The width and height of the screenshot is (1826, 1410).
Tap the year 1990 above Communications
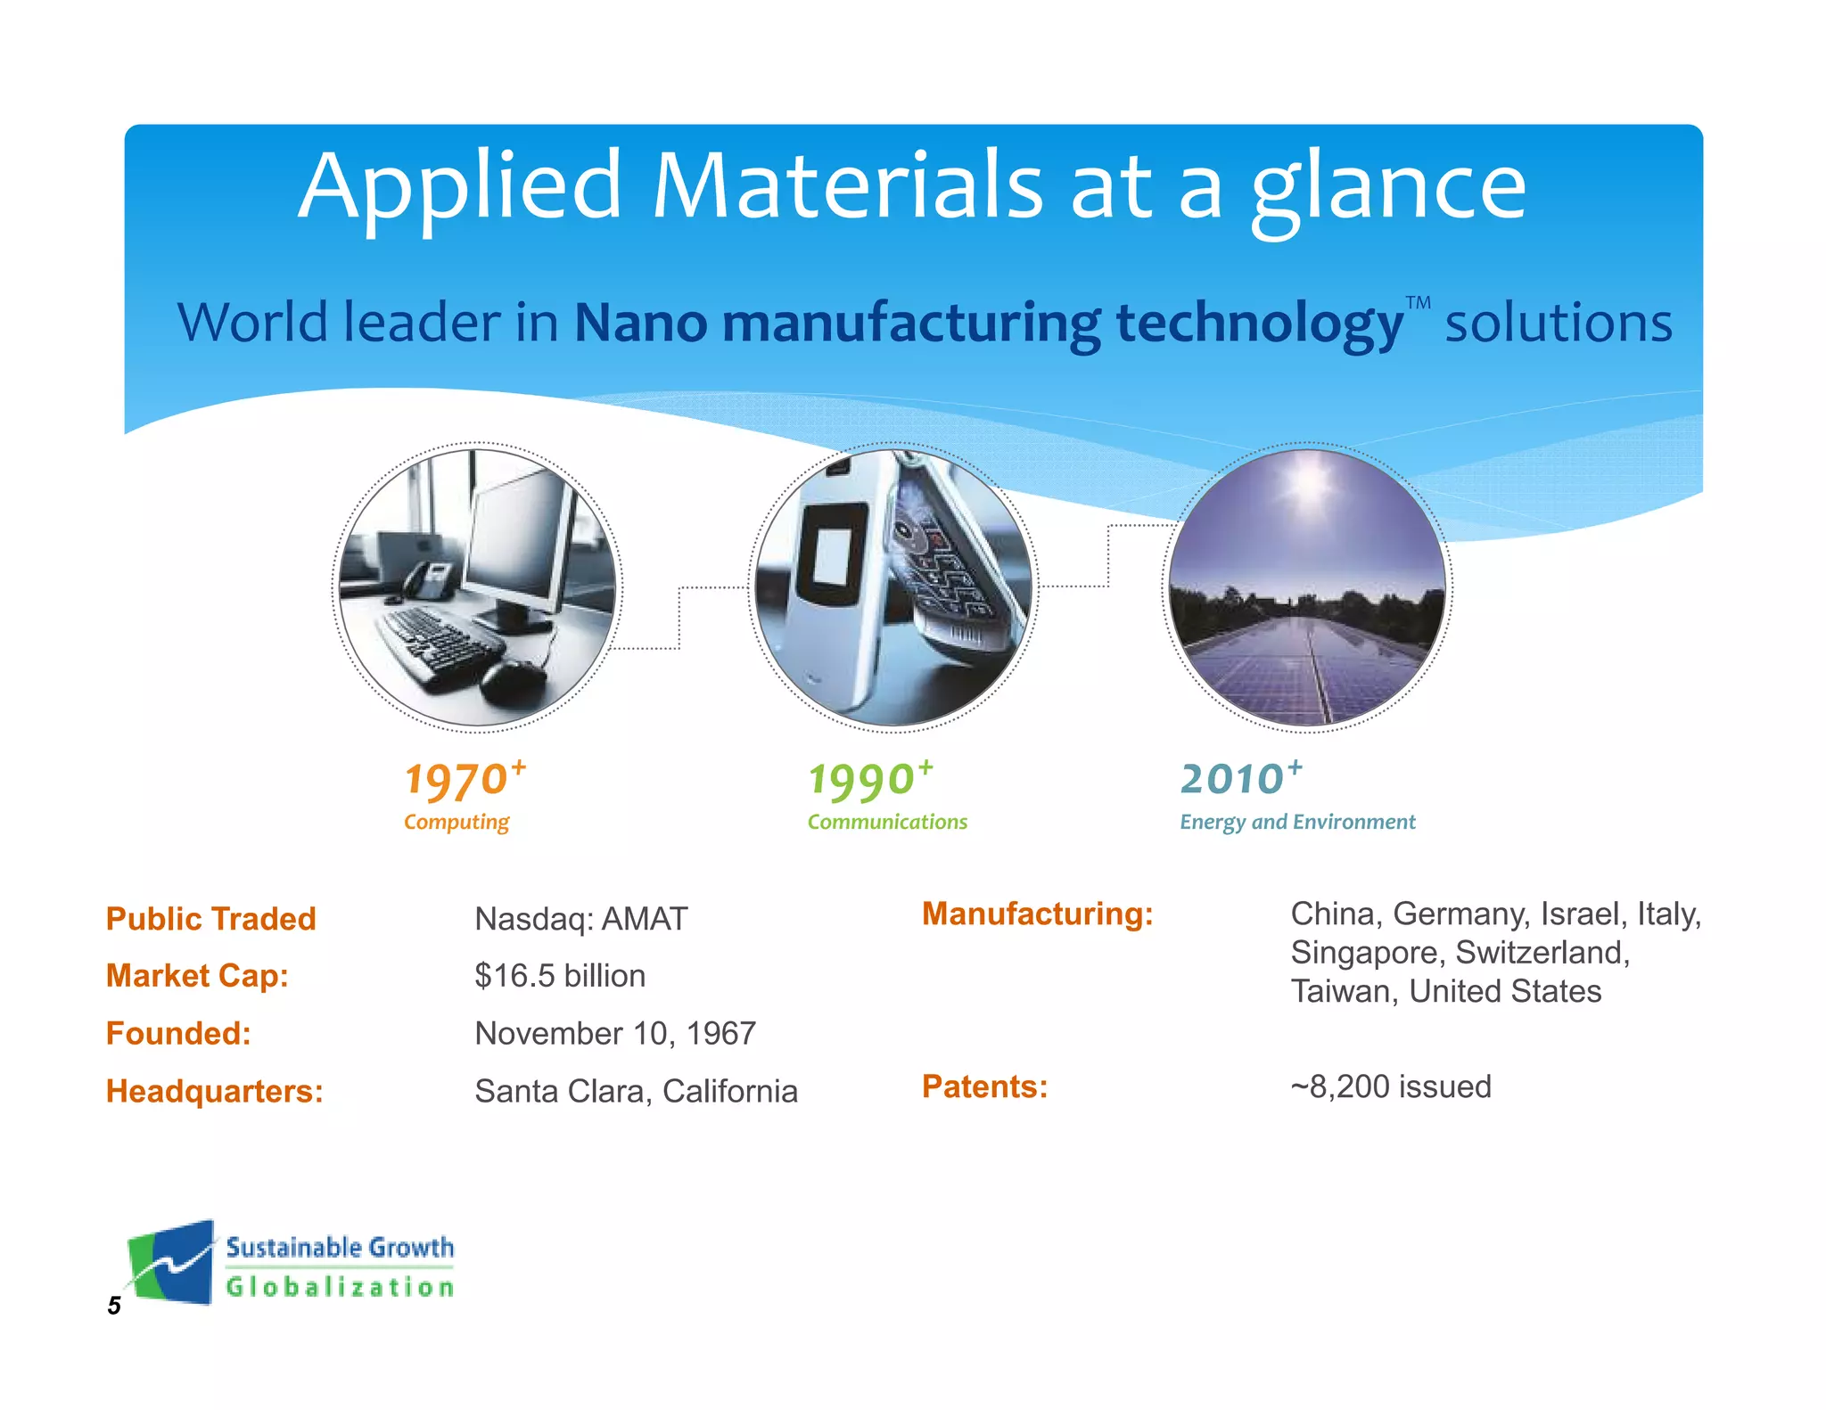point(860,781)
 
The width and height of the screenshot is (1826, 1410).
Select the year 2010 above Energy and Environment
point(1231,779)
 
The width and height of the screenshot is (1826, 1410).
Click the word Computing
point(456,822)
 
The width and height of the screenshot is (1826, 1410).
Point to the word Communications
point(887,822)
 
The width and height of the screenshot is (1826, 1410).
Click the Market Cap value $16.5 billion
point(560,976)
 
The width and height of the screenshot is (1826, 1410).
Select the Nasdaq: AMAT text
point(581,919)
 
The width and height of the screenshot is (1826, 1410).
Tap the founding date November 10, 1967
point(615,1034)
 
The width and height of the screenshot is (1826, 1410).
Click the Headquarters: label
point(215,1092)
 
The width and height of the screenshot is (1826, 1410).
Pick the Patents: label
point(984,1086)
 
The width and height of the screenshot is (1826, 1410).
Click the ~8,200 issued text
point(1391,1086)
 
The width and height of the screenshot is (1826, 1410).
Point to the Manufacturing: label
point(1038,914)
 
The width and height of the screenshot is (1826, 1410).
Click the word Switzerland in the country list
point(1542,953)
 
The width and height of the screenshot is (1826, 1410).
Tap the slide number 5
point(114,1306)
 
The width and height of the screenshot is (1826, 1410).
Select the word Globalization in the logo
point(340,1287)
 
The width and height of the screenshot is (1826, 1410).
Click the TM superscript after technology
point(1418,303)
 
